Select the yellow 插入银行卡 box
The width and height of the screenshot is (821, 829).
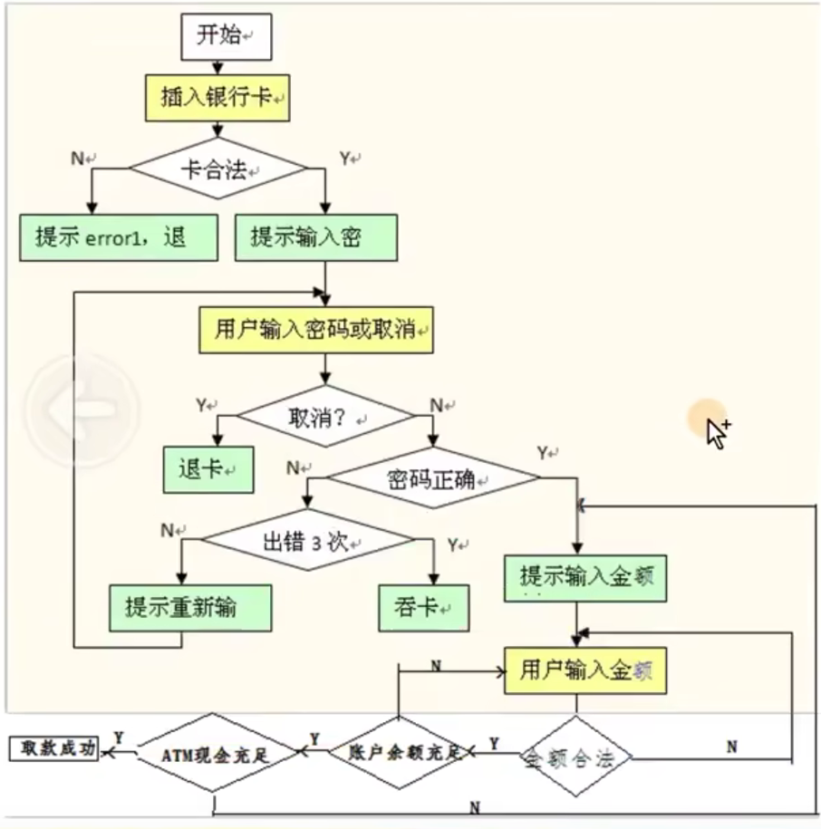point(217,98)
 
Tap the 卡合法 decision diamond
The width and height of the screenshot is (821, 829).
point(218,169)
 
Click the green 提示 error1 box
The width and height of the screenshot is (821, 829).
point(119,237)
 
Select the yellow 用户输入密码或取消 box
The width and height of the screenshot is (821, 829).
point(316,330)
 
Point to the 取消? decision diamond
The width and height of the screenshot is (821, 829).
point(324,417)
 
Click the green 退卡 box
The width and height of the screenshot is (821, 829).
point(208,469)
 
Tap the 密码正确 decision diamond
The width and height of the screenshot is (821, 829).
point(432,479)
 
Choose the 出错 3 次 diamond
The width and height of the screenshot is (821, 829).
point(307,543)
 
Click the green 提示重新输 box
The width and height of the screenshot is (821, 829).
point(190,607)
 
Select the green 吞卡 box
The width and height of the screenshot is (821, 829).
point(424,607)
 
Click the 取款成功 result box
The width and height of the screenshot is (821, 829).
point(53,748)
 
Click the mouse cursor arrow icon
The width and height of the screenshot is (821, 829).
point(717,433)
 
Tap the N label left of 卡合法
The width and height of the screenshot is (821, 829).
point(78,158)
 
